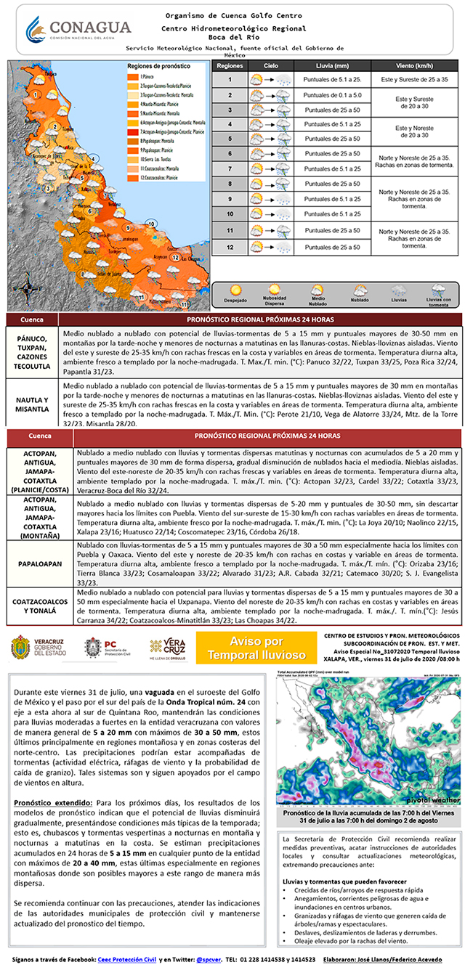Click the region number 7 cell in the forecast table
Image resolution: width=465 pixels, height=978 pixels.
coord(230,168)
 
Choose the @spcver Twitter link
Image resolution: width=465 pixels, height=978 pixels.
coord(209,959)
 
